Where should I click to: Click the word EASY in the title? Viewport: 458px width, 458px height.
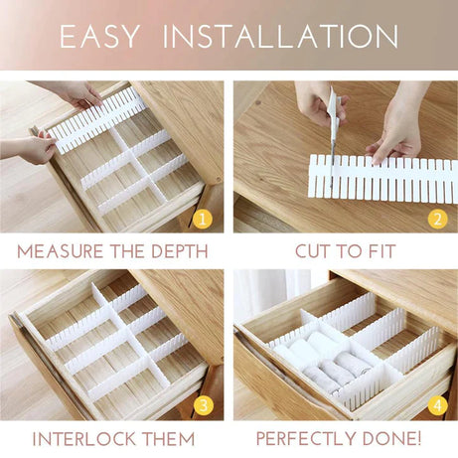click(x=101, y=37)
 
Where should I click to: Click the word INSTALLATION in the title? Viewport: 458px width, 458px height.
click(x=280, y=37)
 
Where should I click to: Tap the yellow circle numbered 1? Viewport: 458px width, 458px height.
click(x=203, y=218)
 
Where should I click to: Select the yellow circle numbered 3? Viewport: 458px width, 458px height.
click(x=203, y=404)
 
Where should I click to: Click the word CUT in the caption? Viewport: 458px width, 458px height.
click(x=315, y=251)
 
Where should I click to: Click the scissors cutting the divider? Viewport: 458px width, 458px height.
click(x=332, y=124)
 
